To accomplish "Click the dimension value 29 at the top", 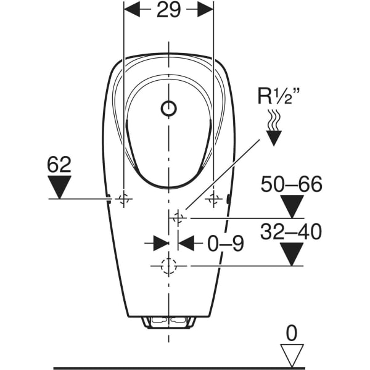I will (168, 11).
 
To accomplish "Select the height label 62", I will (59, 165).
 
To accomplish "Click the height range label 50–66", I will (292, 184).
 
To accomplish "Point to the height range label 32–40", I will (292, 232).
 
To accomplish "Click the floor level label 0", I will (292, 334).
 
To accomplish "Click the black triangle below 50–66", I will (292, 205).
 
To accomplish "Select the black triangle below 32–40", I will (292, 253).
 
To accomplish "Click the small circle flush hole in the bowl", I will (168, 109).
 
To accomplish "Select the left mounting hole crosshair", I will (124, 199).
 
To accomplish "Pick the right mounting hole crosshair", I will (214, 199).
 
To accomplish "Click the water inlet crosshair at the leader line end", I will (178, 217).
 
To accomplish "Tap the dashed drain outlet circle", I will (168, 266).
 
